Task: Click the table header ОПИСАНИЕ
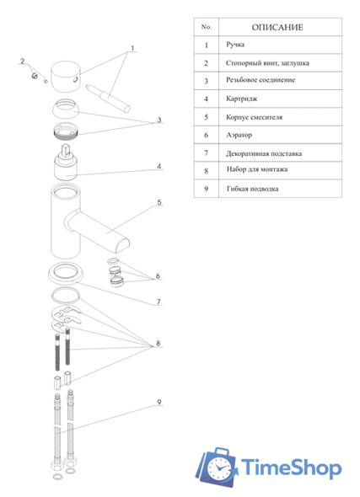pyautogui.click(x=277, y=27)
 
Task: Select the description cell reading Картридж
pyautogui.click(x=242, y=99)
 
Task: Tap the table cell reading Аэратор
pyautogui.click(x=239, y=135)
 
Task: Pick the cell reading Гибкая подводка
pyautogui.click(x=252, y=189)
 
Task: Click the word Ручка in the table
pyautogui.click(x=235, y=45)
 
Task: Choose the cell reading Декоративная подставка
pyautogui.click(x=264, y=153)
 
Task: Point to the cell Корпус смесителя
pyautogui.click(x=254, y=117)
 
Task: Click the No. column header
pyautogui.click(x=207, y=27)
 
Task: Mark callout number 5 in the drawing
pyautogui.click(x=159, y=202)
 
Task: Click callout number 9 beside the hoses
pyautogui.click(x=159, y=402)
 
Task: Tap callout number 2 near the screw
pyautogui.click(x=23, y=61)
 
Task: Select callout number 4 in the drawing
pyautogui.click(x=159, y=166)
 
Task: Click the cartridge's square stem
pyautogui.click(x=66, y=151)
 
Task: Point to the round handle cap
pyautogui.click(x=66, y=77)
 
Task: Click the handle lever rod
pyautogui.click(x=108, y=99)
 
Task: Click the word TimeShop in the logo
pyautogui.click(x=292, y=468)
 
